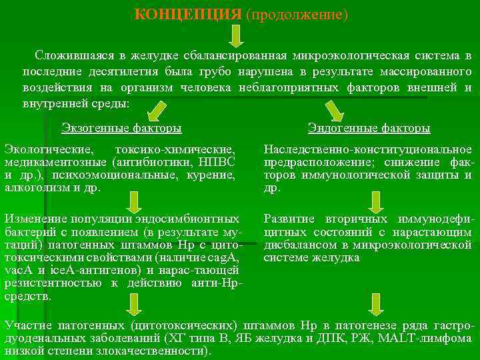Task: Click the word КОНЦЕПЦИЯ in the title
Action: [187, 14]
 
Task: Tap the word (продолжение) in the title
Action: [297, 14]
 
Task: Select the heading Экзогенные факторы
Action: [121, 127]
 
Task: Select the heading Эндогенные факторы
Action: [369, 127]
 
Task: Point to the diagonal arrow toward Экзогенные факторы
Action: [157, 109]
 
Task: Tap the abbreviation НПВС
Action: [213, 162]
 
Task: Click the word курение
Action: [213, 175]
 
